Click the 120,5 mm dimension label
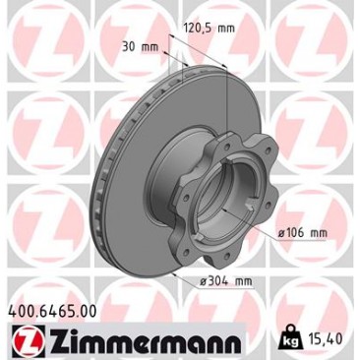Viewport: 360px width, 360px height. click(209, 29)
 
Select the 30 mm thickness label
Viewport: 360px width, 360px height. click(140, 47)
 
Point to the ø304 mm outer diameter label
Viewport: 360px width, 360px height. click(226, 281)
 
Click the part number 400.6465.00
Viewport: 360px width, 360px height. click(52, 311)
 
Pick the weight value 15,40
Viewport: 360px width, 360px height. click(325, 339)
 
